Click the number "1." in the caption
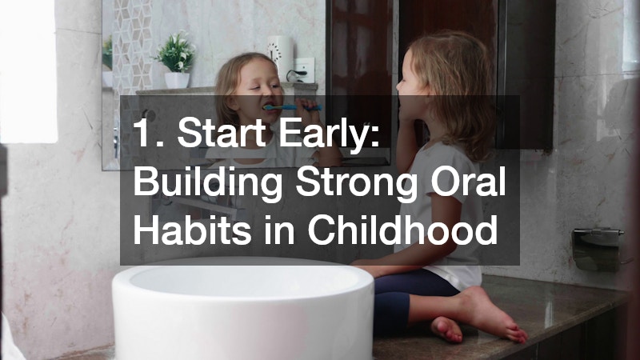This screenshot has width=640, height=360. [147, 135]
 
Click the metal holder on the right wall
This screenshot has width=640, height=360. [597, 248]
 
